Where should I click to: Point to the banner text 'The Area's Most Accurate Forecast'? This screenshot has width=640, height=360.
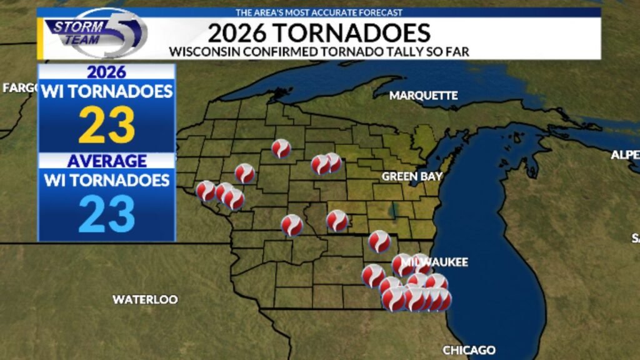coord(319,12)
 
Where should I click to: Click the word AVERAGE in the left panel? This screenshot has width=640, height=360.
coord(107,161)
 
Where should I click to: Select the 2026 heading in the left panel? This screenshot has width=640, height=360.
coord(107,72)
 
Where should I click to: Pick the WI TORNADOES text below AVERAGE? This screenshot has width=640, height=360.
coord(107,181)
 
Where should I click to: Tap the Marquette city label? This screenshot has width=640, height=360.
coord(423,96)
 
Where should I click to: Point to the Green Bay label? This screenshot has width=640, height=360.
coord(412,176)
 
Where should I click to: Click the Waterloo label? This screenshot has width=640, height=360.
coord(145,299)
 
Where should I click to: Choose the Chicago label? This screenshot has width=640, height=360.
coord(469,350)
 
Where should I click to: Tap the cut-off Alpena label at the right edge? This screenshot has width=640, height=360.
coord(626,155)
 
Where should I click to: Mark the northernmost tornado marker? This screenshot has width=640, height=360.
coord(281,148)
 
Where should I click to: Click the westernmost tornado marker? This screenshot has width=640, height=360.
coord(206,191)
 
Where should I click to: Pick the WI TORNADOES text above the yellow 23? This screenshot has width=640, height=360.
coord(107,92)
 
